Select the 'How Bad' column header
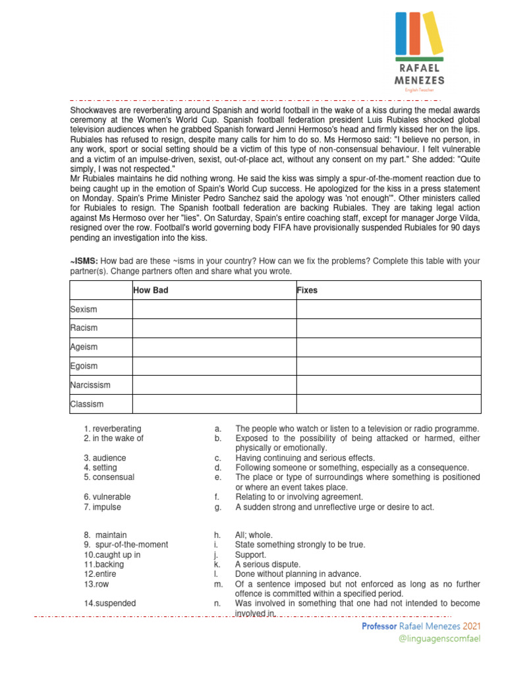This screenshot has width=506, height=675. point(150,290)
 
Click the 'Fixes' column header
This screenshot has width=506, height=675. point(307,290)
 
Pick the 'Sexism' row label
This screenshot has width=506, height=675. point(83,309)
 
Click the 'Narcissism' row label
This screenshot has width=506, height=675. point(90,385)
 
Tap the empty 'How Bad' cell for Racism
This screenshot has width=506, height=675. point(213,328)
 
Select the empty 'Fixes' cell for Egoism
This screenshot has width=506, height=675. point(388,366)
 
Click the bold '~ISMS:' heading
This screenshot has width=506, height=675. point(84,260)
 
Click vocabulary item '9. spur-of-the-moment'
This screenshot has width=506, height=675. point(126,544)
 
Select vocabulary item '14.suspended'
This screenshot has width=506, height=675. point(110,602)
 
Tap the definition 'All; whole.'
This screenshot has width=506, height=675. point(254,535)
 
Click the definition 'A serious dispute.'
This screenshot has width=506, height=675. point(267,564)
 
